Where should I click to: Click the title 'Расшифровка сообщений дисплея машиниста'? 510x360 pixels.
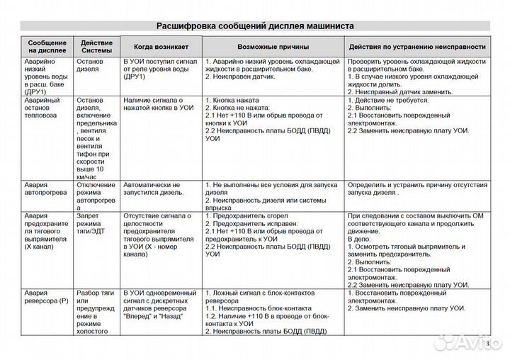(255, 25)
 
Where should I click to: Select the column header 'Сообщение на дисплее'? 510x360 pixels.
(46, 47)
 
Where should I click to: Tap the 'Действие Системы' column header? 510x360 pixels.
(96, 47)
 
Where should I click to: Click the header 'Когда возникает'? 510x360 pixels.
(162, 47)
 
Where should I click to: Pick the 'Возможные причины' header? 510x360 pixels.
(273, 47)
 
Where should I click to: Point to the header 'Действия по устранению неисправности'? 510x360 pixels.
(417, 47)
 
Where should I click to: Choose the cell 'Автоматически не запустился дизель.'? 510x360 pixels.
(154, 189)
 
